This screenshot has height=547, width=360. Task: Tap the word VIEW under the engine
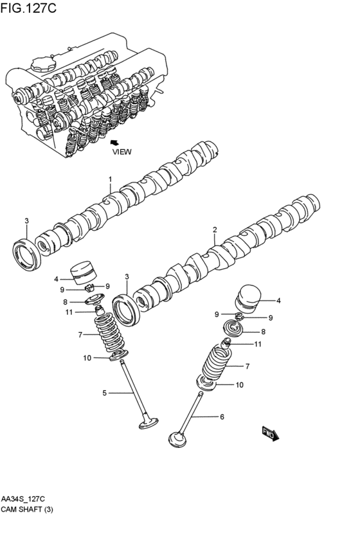[x=122, y=152]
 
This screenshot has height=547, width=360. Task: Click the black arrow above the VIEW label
[x=114, y=142]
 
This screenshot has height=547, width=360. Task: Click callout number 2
[x=215, y=229]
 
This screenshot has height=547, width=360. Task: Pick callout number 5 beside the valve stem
[x=104, y=392]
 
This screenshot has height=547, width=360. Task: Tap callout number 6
[x=222, y=417]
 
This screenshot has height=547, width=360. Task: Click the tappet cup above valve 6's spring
[x=248, y=297]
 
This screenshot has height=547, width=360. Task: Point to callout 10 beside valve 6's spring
[x=239, y=385]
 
